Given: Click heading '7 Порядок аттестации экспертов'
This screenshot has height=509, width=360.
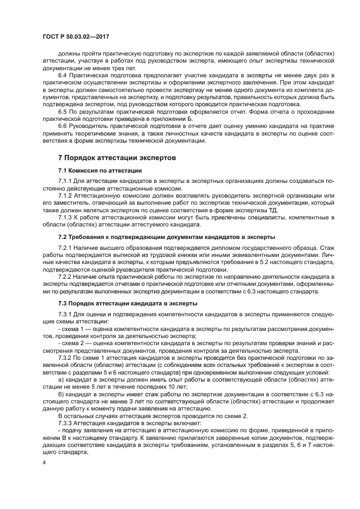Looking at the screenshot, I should [117, 157].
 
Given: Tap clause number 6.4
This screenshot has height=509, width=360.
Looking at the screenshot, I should [63, 73].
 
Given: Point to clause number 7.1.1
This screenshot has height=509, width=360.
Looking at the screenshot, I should [66, 181].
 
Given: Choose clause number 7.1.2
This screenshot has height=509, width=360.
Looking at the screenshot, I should [66, 195].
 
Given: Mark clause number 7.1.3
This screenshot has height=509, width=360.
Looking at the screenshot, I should [66, 217].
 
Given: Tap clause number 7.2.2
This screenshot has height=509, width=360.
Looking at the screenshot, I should [66, 277].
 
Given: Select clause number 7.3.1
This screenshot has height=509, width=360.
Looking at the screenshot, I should [66, 315].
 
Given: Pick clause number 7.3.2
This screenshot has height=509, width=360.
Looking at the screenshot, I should [66, 359].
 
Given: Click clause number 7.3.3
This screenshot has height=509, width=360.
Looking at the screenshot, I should [66, 422].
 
